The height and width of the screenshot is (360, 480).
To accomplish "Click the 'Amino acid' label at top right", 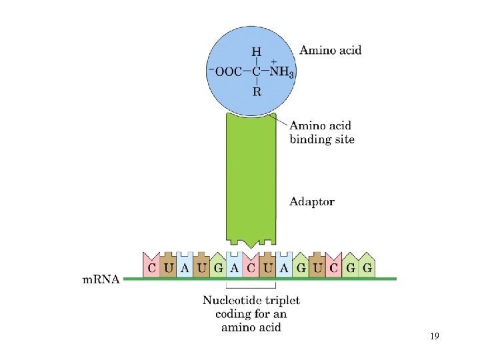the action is (330, 51).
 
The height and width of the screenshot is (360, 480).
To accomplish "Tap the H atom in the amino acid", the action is (256, 52).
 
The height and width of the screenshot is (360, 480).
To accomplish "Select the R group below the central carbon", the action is (257, 92).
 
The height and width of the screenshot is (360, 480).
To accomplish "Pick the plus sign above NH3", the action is (273, 61).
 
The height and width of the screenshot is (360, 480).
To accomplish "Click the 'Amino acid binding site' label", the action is (322, 132).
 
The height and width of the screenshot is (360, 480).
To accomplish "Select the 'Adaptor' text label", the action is (312, 201).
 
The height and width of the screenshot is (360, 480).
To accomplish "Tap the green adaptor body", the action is (251, 180).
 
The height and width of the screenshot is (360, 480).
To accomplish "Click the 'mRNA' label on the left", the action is (101, 279).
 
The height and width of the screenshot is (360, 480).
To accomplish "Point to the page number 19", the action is (434, 337).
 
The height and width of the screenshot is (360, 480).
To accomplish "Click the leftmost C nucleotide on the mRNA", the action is (151, 268).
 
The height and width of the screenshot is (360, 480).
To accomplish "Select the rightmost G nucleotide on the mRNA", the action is (367, 268).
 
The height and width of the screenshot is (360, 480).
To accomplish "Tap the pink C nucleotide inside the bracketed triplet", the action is (251, 268).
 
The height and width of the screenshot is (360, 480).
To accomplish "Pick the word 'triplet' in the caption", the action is (281, 301).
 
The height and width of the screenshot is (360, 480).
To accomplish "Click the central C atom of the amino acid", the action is (257, 72).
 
